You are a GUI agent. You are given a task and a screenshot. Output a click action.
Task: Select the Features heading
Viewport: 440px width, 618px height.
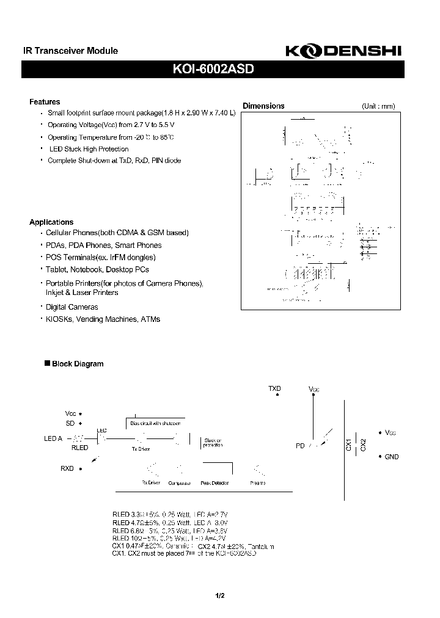click(x=45, y=102)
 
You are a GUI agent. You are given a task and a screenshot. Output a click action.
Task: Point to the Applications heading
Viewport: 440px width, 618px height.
click(x=51, y=222)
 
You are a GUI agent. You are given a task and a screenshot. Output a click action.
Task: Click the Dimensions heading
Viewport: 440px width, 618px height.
click(x=263, y=106)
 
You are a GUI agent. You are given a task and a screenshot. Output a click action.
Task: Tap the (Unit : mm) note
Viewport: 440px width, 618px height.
click(x=378, y=106)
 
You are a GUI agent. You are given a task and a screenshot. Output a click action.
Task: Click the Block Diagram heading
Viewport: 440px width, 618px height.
click(x=78, y=364)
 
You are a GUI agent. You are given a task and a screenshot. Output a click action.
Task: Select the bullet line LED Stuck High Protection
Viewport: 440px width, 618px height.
click(x=89, y=149)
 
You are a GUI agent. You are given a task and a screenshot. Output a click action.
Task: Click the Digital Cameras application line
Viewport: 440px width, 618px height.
click(x=72, y=307)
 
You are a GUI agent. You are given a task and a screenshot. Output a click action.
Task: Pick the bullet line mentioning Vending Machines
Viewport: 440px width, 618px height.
click(x=103, y=319)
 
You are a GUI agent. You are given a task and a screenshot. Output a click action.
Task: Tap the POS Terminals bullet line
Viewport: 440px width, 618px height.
click(x=101, y=257)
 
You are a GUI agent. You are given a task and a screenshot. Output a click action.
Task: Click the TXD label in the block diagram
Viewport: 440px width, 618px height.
click(x=275, y=388)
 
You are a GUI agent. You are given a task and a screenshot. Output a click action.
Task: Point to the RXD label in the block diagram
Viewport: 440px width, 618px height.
click(x=67, y=468)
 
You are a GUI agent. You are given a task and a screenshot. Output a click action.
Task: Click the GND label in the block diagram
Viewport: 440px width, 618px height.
click(x=391, y=457)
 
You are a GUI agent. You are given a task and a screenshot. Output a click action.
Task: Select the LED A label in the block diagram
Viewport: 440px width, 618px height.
click(x=53, y=438)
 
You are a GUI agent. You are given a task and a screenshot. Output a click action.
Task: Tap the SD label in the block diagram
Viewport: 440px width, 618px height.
click(x=70, y=423)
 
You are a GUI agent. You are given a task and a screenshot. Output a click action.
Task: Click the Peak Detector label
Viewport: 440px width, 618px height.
click(x=215, y=483)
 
